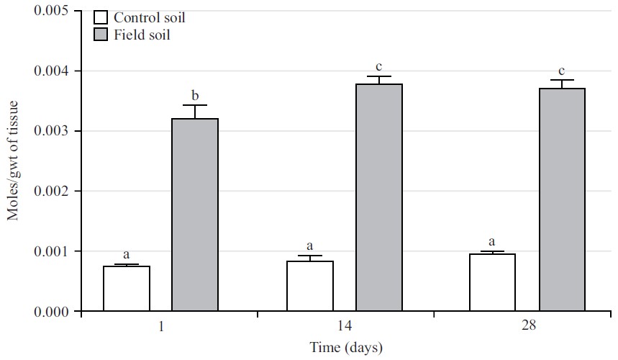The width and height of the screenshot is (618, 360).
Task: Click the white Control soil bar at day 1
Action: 127,289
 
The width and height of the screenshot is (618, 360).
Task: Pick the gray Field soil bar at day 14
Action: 379,198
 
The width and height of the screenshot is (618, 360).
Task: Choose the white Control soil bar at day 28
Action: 494,282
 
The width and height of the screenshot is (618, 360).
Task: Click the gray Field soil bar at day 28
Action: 563,200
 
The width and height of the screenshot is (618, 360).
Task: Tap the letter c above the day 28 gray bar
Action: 563,71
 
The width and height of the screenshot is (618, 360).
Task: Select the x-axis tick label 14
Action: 345,326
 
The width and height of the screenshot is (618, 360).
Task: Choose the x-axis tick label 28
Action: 529,326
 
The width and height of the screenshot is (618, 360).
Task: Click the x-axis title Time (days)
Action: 346,348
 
